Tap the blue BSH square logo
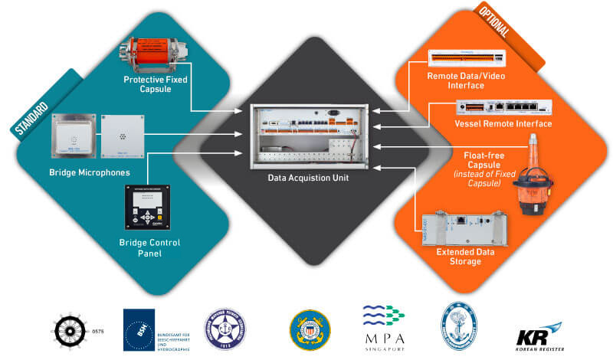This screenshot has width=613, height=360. pos(139,330)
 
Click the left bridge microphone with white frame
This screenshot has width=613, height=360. pos(73,136)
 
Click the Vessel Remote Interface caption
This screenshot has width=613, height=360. pos(503,123)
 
